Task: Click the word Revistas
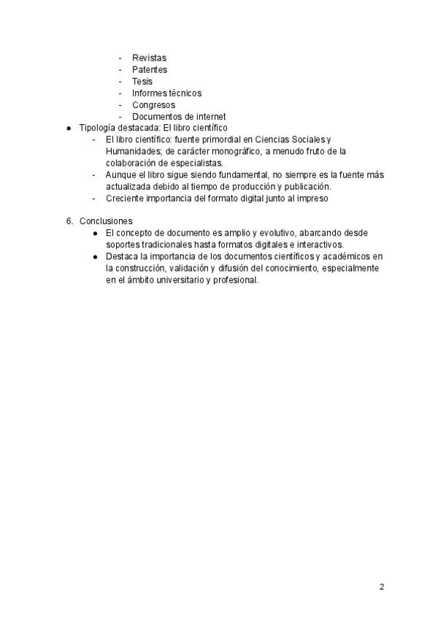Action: tap(149, 58)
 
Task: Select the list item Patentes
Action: tap(150, 69)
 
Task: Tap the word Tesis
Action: tap(142, 81)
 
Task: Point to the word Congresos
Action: tap(153, 104)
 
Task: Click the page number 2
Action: tap(382, 586)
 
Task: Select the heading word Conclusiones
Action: tap(106, 221)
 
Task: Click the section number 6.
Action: tap(69, 221)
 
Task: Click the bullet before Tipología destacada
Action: tap(69, 128)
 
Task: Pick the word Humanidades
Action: tap(130, 151)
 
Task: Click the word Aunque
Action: tap(120, 174)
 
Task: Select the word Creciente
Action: tap(124, 198)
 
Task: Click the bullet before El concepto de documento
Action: tap(95, 233)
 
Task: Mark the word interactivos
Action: tap(318, 245)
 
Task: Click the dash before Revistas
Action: tap(120, 58)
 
